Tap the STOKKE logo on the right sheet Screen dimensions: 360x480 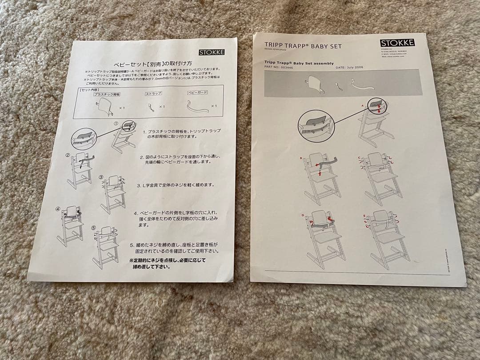tap(397, 43)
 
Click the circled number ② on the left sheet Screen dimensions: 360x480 tap(68, 155)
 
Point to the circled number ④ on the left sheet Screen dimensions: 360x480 tap(58, 208)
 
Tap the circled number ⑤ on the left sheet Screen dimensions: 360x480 tap(93, 228)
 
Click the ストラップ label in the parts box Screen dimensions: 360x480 tap(153, 94)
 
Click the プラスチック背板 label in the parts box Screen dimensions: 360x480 tap(107, 94)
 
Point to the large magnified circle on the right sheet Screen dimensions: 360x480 tap(317, 124)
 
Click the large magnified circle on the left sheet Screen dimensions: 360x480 tap(84, 138)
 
